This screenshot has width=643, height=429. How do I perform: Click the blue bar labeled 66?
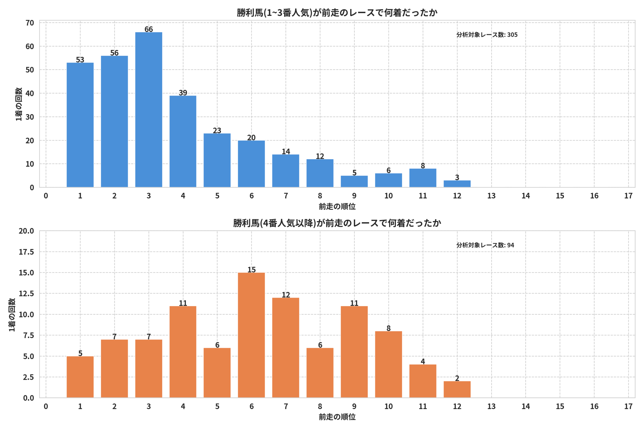pyautogui.click(x=148, y=110)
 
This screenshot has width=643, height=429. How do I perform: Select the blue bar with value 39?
pyautogui.click(x=183, y=141)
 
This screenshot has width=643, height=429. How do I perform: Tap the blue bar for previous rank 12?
pyautogui.click(x=457, y=184)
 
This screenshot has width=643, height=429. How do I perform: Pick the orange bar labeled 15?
pyautogui.click(x=251, y=335)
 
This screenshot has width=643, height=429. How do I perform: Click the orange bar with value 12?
pyautogui.click(x=286, y=348)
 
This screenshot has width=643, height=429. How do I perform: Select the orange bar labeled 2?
pyautogui.click(x=457, y=389)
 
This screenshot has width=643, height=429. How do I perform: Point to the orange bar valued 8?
pyautogui.click(x=389, y=364)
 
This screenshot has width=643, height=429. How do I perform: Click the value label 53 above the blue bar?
pyautogui.click(x=80, y=60)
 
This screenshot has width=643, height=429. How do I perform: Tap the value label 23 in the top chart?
pyautogui.click(x=217, y=130)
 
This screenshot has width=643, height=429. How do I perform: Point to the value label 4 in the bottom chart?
pyautogui.click(x=423, y=361)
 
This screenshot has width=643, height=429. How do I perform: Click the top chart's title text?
pyautogui.click(x=337, y=13)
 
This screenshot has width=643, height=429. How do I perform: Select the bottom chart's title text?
pyautogui.click(x=337, y=223)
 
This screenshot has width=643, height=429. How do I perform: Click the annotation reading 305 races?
pyautogui.click(x=487, y=35)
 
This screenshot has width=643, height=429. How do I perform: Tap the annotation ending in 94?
pyautogui.click(x=485, y=245)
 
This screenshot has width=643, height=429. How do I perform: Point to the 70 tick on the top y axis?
pyautogui.click(x=30, y=23)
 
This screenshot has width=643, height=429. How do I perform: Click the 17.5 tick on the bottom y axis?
pyautogui.click(x=26, y=252)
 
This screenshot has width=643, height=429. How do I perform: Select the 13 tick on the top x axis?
pyautogui.click(x=491, y=196)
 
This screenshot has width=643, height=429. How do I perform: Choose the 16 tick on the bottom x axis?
pyautogui.click(x=594, y=406)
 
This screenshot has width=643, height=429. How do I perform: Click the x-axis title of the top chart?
pyautogui.click(x=337, y=206)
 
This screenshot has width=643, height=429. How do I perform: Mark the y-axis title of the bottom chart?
pyautogui.click(x=12, y=315)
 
